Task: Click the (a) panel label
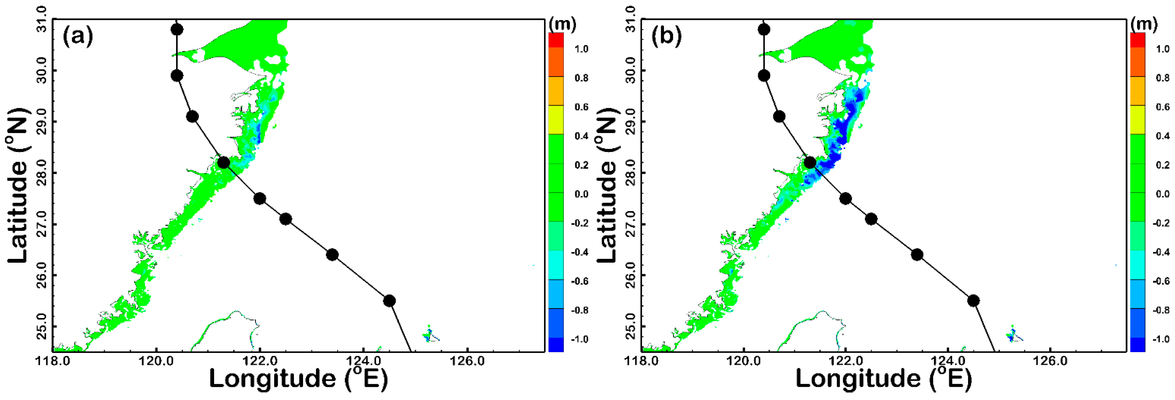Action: (77, 36)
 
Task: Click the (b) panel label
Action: (666, 36)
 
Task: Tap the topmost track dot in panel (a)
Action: (177, 30)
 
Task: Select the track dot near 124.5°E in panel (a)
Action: (389, 301)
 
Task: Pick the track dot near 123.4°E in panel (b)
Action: (917, 254)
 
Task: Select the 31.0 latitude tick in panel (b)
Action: (630, 19)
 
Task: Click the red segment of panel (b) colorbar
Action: (1137, 40)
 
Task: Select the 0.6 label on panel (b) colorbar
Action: (1163, 107)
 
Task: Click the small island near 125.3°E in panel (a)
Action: (429, 334)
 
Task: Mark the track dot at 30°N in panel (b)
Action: (764, 75)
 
